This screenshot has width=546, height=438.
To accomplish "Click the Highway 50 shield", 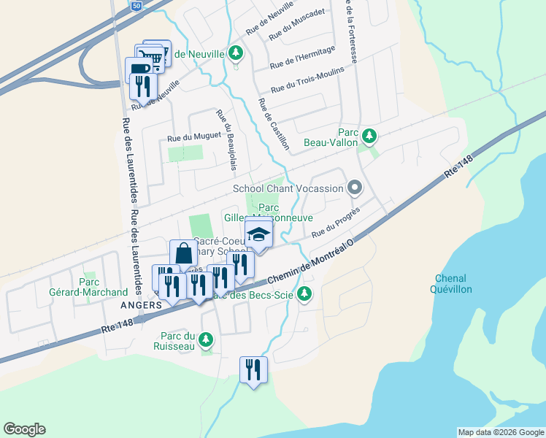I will (x=137, y=5).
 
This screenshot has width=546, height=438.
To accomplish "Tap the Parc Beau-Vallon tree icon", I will (x=370, y=136).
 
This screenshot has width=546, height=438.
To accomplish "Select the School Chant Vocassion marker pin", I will (x=355, y=188).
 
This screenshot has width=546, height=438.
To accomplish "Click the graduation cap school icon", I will (x=258, y=234).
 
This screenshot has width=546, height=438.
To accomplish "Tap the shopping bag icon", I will (x=183, y=255).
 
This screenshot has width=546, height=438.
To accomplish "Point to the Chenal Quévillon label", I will (x=453, y=284).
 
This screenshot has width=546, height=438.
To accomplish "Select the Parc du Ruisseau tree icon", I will (x=207, y=339).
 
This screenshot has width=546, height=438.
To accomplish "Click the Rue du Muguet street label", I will (x=184, y=137).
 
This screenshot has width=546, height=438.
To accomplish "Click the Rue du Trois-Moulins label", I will (x=307, y=80).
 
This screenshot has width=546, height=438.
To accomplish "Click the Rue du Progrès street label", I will (x=336, y=223).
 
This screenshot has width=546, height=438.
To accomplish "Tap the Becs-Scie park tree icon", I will (x=306, y=294).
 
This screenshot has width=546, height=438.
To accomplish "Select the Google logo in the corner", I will (x=24, y=429).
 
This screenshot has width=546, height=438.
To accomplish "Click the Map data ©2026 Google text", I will (x=500, y=432).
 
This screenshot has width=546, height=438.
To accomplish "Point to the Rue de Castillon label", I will (x=273, y=124).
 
